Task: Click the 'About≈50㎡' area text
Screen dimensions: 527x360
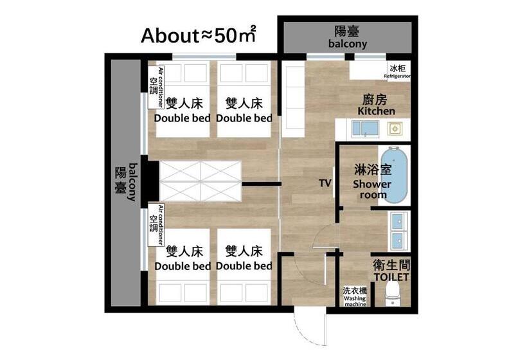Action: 199,35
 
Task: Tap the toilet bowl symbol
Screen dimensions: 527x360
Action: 392,293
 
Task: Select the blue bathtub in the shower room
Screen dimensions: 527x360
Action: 394,175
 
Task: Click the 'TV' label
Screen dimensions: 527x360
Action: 325,183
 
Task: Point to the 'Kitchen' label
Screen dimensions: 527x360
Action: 376,111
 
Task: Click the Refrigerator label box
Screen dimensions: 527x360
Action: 398,71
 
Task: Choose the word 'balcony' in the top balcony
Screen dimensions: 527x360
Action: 348,44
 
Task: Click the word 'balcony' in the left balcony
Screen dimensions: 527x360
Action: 134,182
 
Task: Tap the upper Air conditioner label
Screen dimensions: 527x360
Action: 157,87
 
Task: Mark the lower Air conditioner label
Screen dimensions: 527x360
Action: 157,224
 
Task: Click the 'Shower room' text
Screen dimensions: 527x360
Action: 372,189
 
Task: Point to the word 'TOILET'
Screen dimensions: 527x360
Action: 391,277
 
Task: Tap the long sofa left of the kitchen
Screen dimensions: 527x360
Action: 293,102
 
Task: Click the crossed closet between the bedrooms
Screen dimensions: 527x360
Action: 201,181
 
